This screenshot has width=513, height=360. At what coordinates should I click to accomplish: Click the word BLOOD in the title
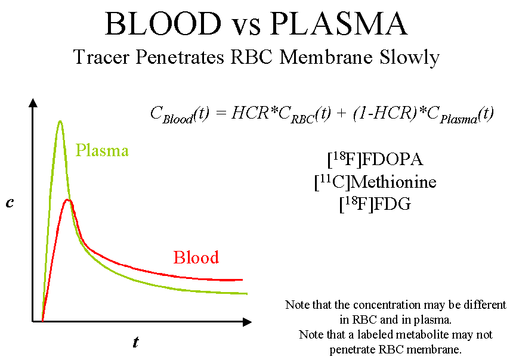[x=162, y=24]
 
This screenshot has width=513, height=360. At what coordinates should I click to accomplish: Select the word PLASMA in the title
[x=339, y=24]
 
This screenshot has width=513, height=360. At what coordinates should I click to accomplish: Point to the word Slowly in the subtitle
[x=410, y=58]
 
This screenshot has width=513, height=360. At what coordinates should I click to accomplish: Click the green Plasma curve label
[x=102, y=150]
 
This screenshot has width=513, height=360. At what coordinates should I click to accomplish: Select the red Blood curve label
[x=196, y=257]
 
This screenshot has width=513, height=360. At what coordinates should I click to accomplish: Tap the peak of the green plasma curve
[x=60, y=122]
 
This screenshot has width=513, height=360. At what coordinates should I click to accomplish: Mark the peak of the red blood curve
[x=69, y=200]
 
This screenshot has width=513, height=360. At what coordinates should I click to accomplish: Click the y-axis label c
[x=10, y=203]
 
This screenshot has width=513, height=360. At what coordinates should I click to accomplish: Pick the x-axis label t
[x=135, y=343]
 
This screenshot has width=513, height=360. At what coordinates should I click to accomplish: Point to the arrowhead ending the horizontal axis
[x=247, y=322]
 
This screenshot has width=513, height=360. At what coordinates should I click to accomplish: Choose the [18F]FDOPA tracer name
[x=375, y=160]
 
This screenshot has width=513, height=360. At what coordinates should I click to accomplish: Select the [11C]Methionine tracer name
[x=375, y=182]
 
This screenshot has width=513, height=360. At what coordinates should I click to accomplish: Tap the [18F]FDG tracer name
[x=375, y=204]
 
